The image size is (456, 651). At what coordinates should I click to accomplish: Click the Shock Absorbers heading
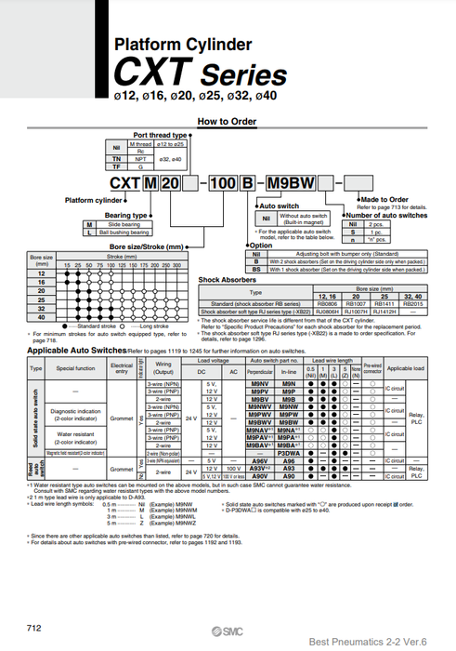227,279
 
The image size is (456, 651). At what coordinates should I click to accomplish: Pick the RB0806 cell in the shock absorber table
328,303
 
